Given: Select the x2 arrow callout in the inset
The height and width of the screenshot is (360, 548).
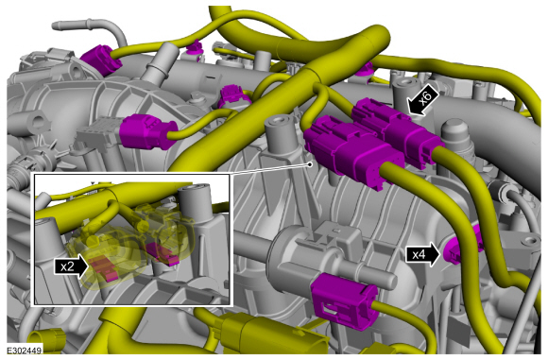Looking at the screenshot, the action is [x=71, y=266].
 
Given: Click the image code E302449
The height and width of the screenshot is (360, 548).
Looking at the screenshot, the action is [x=25, y=350].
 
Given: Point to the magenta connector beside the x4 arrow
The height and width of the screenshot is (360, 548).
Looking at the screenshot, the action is [x=462, y=248].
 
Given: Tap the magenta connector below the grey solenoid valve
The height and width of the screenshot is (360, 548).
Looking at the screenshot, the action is [x=344, y=301].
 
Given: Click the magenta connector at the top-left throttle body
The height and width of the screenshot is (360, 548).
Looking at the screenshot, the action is [x=101, y=60].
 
